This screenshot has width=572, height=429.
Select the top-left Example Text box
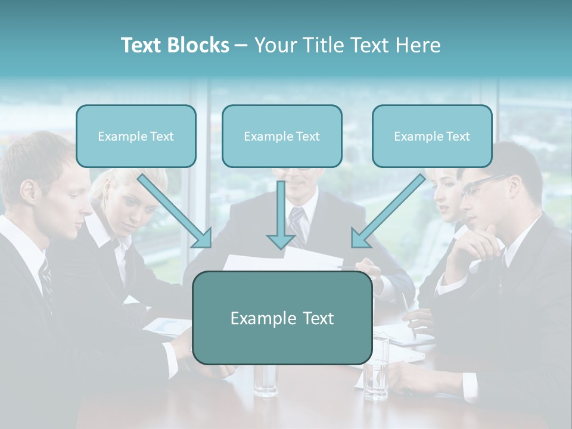pos(136,136)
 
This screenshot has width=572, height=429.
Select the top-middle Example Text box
pos(282,136)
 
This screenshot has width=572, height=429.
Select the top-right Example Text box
pos(432,136)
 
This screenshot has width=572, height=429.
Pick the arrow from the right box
pos(388,211)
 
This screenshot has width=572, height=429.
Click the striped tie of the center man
pos(297,223)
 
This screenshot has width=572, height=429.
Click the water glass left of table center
pos(265,379)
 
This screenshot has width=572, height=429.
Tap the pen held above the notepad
pos(409,310)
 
